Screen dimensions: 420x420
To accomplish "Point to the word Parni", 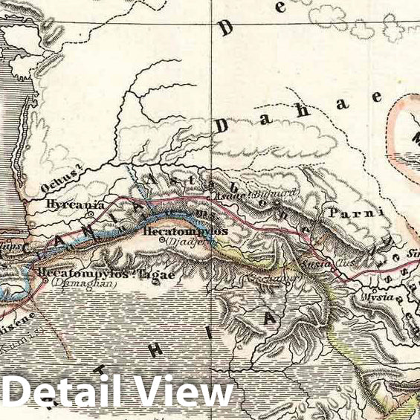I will (x=354, y=213).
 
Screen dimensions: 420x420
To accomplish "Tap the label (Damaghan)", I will (x=74, y=284).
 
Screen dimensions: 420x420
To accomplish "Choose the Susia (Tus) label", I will (x=319, y=262).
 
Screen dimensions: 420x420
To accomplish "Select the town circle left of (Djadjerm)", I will (x=163, y=241).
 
